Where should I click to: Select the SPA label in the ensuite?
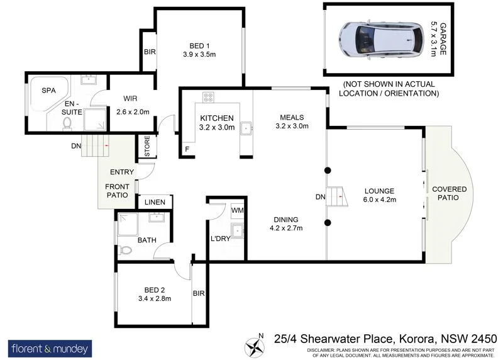48,91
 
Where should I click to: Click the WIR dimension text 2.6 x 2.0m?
132,112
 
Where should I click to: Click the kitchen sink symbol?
247,128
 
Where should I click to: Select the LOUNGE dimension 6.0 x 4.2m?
378,200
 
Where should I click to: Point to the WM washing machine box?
238,210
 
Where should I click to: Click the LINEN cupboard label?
155,202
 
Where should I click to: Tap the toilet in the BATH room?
126,250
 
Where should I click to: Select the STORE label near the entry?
148,146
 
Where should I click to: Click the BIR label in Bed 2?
199,293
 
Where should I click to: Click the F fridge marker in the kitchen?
187,149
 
